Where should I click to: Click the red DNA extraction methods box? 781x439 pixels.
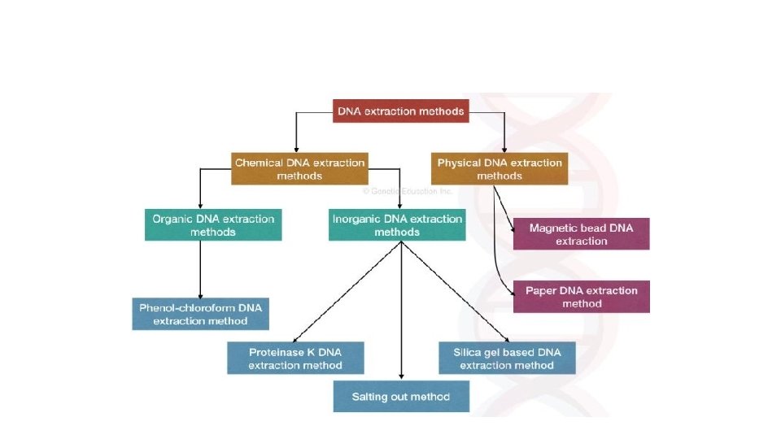click(x=401, y=111)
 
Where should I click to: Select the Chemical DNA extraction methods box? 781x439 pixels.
click(x=299, y=169)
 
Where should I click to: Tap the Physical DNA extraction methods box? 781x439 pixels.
click(x=500, y=169)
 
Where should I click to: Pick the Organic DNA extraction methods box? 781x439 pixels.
click(x=213, y=225)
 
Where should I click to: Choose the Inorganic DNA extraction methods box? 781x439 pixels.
click(x=397, y=225)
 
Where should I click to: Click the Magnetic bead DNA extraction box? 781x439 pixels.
click(x=581, y=234)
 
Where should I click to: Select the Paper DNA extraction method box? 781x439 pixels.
click(x=581, y=297)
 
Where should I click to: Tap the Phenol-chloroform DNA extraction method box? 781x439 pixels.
click(x=200, y=314)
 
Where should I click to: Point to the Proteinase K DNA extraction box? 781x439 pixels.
click(x=295, y=359)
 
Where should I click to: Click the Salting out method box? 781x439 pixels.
click(x=400, y=397)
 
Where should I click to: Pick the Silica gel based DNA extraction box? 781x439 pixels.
click(x=507, y=359)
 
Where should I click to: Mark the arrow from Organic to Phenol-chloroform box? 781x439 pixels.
click(x=200, y=269)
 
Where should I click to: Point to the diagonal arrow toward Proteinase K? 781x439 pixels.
click(x=345, y=293)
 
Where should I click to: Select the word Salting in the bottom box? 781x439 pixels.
click(x=371, y=397)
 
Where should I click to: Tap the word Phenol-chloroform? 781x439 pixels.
click(x=184, y=308)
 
